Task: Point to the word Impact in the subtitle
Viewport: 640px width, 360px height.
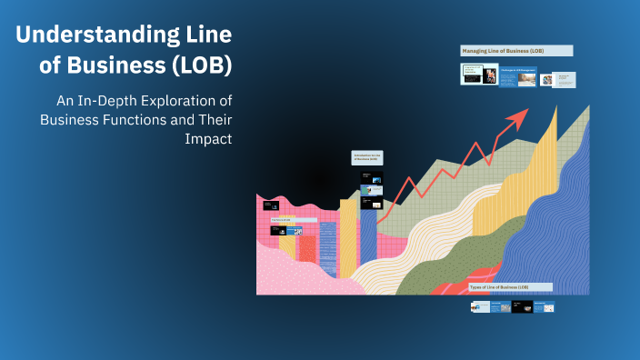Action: point(209,140)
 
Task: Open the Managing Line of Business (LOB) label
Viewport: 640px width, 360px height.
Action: point(516,51)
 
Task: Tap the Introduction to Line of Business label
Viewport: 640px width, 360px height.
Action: point(368,158)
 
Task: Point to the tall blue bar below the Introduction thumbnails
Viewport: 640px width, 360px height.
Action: point(368,236)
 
